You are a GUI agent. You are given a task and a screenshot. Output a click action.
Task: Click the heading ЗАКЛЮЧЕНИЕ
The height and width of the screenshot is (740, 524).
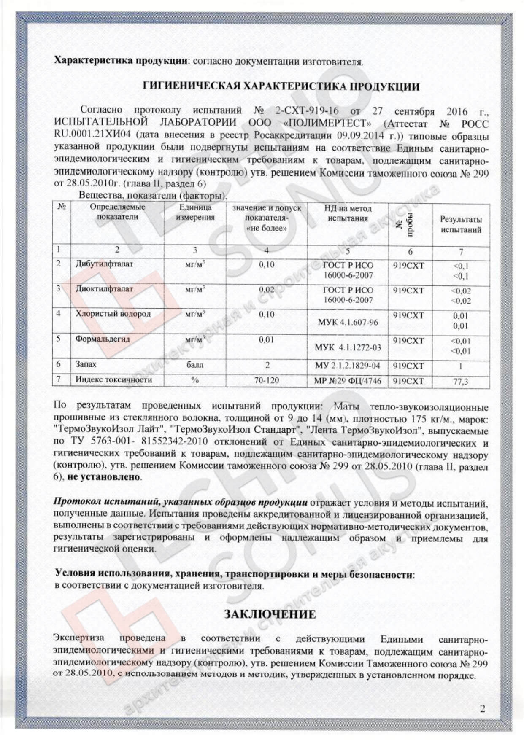(x=270, y=614)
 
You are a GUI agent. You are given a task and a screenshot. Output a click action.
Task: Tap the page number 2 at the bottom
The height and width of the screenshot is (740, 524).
(x=482, y=708)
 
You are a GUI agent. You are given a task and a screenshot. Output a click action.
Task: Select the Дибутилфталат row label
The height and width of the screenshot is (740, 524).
(x=104, y=264)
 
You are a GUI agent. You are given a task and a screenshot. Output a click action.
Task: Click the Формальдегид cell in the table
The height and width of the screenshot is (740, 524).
(x=103, y=339)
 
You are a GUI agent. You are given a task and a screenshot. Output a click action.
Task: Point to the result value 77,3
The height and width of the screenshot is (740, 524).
(x=460, y=382)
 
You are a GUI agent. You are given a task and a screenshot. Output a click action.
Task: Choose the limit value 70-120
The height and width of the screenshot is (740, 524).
(x=266, y=380)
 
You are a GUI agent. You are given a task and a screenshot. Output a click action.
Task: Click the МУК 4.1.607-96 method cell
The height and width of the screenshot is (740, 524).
(x=348, y=323)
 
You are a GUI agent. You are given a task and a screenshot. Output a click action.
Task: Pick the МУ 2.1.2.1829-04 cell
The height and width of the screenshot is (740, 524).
(x=347, y=365)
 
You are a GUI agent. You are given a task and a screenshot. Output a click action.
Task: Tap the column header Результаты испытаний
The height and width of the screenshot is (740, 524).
(x=461, y=224)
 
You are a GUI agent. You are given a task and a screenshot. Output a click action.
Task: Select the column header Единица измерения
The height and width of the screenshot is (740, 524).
(x=195, y=213)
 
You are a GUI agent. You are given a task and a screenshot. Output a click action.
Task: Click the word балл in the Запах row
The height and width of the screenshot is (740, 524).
(x=195, y=365)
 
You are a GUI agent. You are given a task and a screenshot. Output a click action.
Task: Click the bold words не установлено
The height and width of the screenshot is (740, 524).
(x=104, y=477)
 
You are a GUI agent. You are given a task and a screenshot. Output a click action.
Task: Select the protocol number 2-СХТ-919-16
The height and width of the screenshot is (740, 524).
(x=307, y=111)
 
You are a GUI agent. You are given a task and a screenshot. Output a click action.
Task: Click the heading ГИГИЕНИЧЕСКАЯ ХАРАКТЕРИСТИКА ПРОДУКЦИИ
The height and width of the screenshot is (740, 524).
(x=281, y=87)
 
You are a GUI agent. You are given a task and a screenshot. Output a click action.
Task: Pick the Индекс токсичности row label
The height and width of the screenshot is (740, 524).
(x=113, y=379)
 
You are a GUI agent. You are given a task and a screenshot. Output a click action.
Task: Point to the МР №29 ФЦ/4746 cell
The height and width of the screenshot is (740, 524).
(x=347, y=381)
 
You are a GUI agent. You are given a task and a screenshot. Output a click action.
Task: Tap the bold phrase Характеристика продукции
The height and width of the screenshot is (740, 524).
(x=121, y=60)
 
